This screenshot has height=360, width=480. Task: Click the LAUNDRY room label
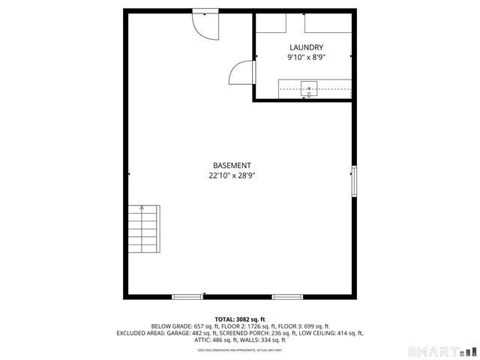tap(305, 47)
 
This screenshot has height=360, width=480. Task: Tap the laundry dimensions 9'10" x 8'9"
tap(305, 57)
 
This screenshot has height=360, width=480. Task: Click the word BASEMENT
tap(232, 166)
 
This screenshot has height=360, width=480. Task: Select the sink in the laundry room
tap(308, 89)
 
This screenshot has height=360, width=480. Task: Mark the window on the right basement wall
tap(354, 181)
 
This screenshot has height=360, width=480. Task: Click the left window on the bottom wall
tap(187, 297)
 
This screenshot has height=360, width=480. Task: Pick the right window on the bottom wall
tap(287, 297)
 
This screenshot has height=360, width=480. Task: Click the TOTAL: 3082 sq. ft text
tap(240, 319)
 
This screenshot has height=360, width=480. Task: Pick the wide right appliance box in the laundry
tap(328, 22)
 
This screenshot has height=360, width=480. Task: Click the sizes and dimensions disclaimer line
tap(240, 349)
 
